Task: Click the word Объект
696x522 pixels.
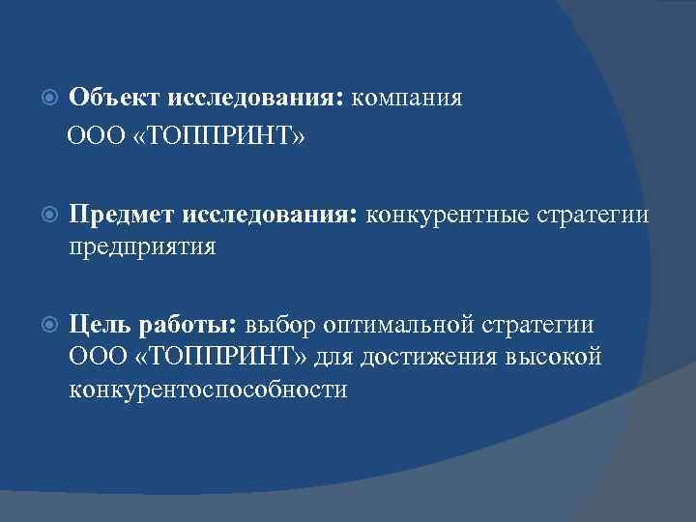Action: [x=115, y=99]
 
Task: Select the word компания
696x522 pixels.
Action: [x=407, y=99]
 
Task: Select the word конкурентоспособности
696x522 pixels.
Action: [x=208, y=391]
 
